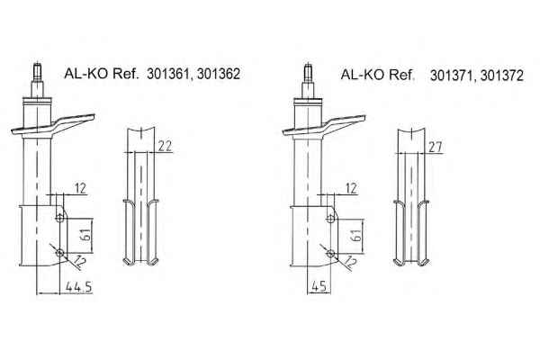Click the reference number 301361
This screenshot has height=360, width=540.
click(167, 74)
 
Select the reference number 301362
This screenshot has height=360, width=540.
click(219, 74)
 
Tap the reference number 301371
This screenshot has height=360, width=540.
click(452, 76)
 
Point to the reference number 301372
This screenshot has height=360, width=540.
click(502, 76)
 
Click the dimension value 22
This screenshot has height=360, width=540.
click(165, 147)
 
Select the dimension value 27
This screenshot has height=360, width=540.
click(436, 147)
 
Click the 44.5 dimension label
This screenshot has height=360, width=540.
click(79, 286)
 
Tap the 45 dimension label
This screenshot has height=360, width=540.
click(319, 286)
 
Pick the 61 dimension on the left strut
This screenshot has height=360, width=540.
click(86, 235)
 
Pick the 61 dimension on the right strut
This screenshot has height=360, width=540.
click(357, 235)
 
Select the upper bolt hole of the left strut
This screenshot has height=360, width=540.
click(60, 218)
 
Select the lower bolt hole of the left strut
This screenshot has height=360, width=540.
click(60, 253)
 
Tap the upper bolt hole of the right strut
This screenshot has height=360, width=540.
click(330, 218)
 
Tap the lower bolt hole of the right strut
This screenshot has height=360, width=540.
click(330, 254)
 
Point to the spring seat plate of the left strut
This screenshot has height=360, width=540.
click(53, 124)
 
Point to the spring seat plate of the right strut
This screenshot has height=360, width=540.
click(324, 125)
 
